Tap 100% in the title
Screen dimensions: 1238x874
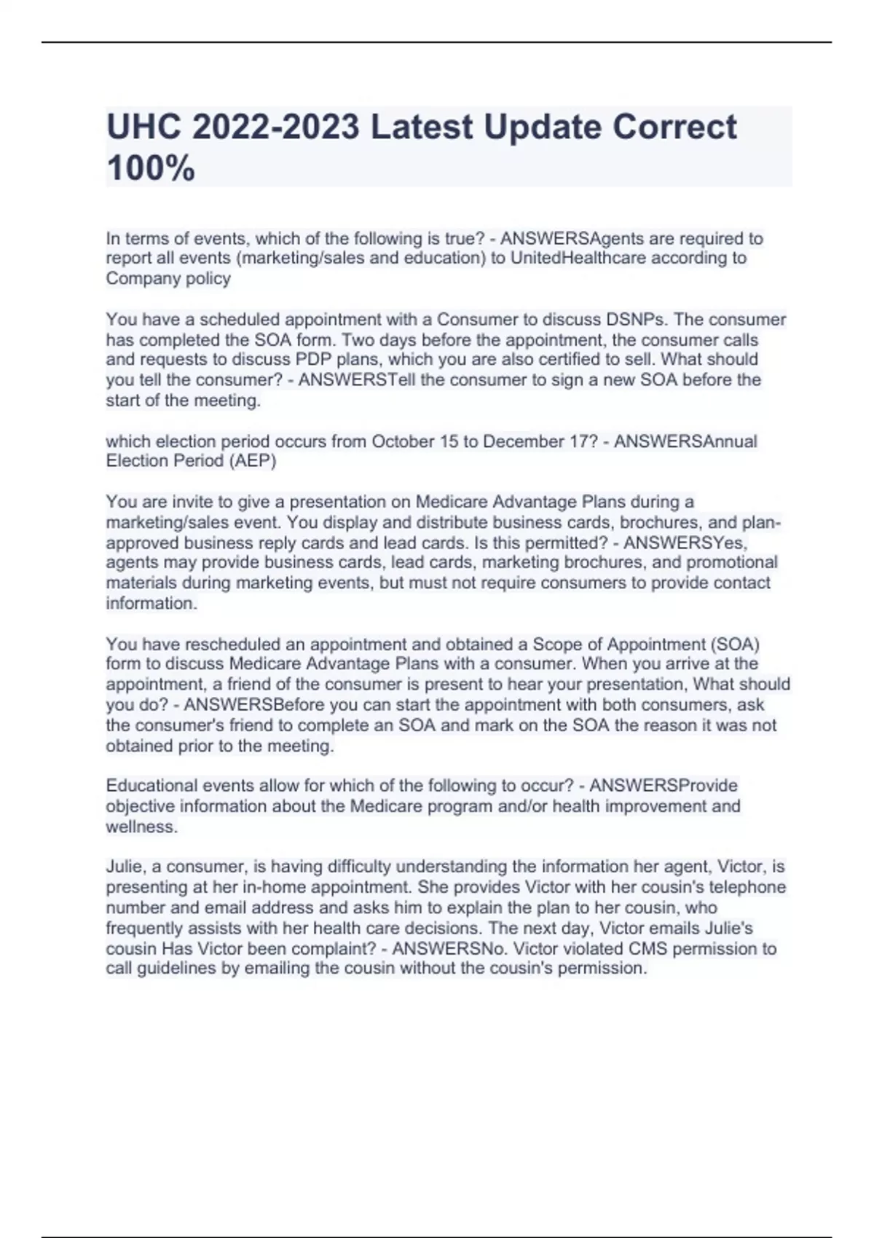click(151, 168)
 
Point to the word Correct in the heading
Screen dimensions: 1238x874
click(674, 127)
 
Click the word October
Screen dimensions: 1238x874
click(403, 441)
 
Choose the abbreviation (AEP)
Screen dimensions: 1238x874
click(251, 461)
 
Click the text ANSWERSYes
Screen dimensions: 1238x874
click(685, 543)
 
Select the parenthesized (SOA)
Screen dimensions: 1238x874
click(735, 644)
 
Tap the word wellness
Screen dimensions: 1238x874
click(141, 827)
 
